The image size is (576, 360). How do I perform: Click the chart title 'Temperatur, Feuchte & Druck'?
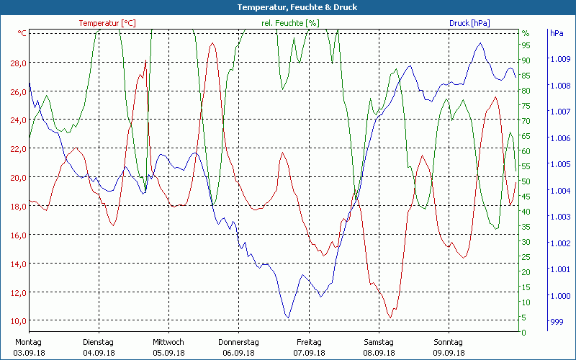(287, 7)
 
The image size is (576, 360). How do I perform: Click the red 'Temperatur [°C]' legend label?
(107, 23)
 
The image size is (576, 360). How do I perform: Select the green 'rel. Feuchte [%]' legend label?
(289, 23)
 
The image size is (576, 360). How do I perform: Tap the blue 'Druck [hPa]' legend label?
(469, 23)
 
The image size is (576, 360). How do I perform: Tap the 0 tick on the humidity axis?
(524, 333)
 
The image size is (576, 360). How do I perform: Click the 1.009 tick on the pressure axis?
(559, 59)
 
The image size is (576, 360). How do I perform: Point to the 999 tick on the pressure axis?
(557, 322)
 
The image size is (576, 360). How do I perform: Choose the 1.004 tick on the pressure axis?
(559, 191)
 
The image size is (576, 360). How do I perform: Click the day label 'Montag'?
(28, 342)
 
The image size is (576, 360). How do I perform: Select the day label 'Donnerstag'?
(238, 342)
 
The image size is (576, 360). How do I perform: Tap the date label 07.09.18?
(309, 353)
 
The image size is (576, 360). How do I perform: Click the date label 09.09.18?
(449, 353)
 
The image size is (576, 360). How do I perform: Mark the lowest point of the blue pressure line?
(288, 318)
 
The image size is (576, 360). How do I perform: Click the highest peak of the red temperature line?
(212, 44)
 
